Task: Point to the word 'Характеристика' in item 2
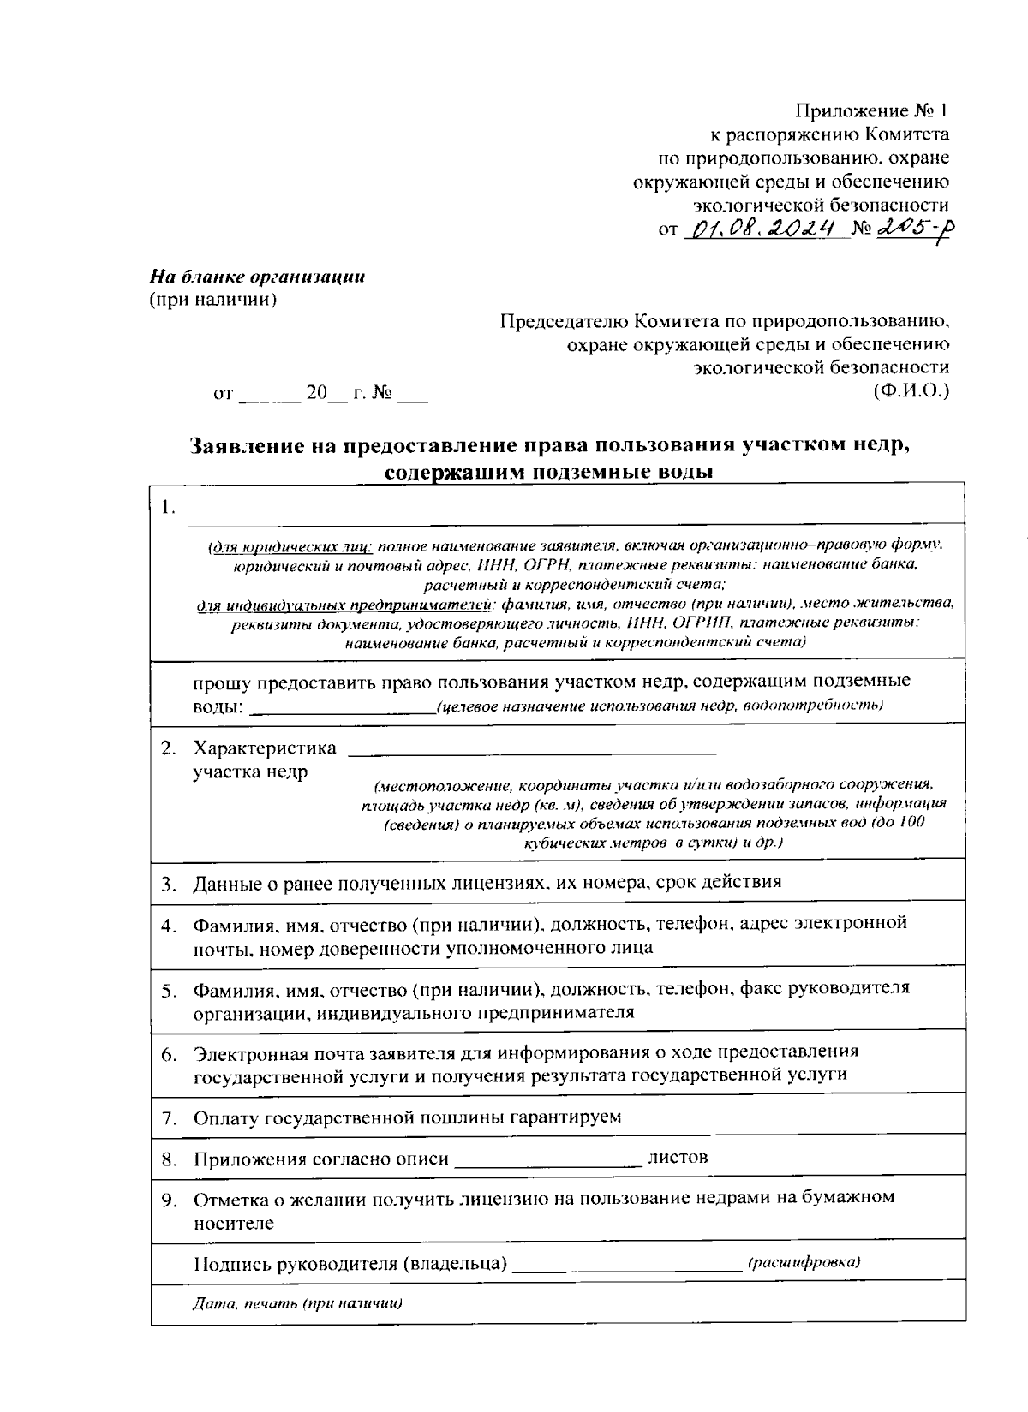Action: click(265, 748)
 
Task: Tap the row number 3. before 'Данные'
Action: click(168, 883)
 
